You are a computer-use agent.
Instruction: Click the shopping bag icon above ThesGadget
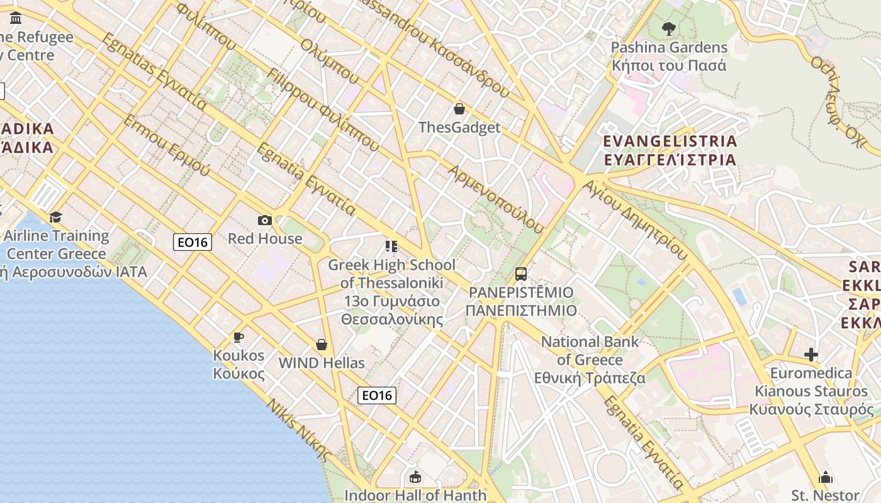point(459,109)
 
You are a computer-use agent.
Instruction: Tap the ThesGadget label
point(459,128)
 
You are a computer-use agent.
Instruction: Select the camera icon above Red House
point(265,220)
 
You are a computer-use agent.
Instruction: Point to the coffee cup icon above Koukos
point(238,338)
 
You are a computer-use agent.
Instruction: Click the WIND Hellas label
point(322,363)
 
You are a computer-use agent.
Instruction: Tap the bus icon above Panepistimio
point(521,274)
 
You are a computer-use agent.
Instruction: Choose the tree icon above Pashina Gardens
point(668,28)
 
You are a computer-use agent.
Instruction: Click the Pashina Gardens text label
point(669,57)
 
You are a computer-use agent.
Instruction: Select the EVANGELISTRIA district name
point(670,150)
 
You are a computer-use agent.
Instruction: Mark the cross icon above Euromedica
point(811,355)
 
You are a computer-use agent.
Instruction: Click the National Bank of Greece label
point(590,360)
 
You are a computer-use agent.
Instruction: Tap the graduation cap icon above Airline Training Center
point(56,217)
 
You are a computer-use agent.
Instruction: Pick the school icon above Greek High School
point(391,246)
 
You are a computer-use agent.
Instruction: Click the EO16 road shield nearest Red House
point(193,241)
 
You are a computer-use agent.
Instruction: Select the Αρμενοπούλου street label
point(495,199)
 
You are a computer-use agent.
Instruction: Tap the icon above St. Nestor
point(826,477)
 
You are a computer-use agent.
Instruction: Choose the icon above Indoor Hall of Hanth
point(415,477)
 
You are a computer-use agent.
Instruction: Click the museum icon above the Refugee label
point(16,18)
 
